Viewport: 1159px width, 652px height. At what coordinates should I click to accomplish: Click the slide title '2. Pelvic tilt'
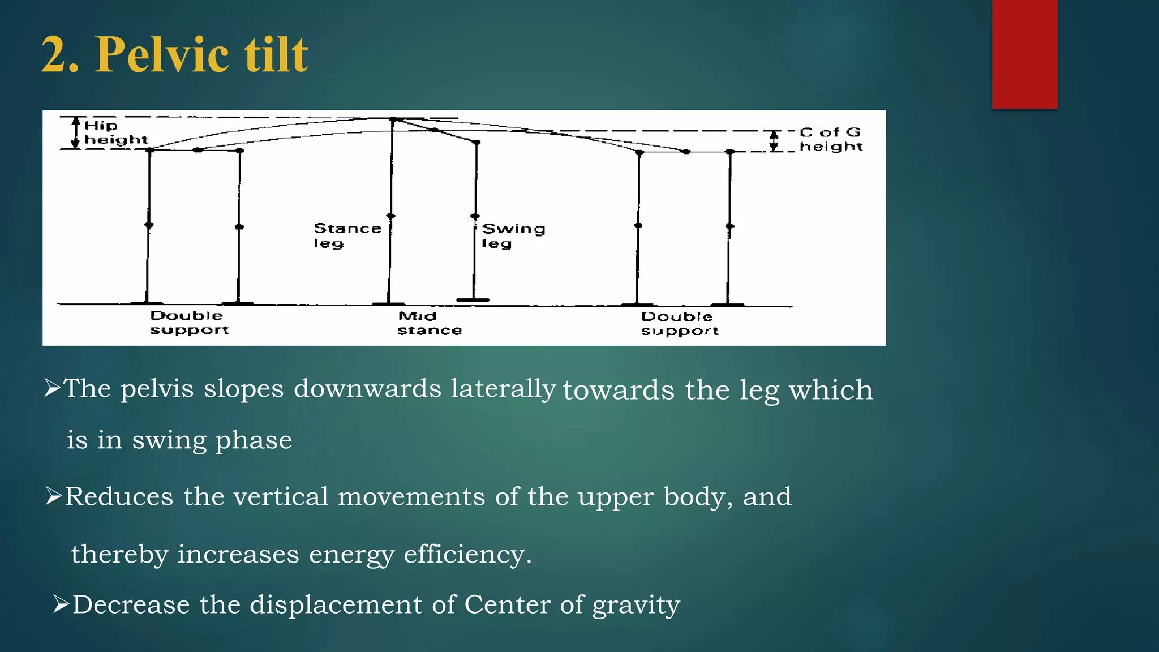(x=174, y=54)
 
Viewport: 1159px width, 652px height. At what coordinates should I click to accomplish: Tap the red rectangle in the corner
(x=1024, y=54)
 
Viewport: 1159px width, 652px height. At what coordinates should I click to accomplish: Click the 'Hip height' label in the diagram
(x=115, y=132)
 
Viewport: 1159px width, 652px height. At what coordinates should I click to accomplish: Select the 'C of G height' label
(x=830, y=139)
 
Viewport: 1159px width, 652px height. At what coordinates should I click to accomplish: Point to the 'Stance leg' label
(x=347, y=235)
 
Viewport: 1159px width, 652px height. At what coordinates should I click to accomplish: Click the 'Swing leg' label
(x=513, y=235)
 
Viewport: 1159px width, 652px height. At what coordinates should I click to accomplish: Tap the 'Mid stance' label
(x=429, y=323)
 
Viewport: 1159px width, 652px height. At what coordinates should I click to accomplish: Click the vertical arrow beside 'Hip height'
(x=76, y=132)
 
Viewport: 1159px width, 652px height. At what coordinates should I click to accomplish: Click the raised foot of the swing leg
(x=473, y=299)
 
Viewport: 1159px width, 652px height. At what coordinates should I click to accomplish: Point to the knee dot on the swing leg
(x=475, y=216)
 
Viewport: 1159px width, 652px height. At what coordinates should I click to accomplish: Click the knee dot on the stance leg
(x=390, y=216)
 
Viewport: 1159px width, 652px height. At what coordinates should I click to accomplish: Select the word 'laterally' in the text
(x=503, y=389)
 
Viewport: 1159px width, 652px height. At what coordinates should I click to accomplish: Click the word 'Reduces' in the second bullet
(x=119, y=497)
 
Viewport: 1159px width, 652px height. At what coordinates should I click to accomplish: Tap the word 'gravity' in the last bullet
(x=636, y=605)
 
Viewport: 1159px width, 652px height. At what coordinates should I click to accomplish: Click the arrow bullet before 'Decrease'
(x=61, y=604)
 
